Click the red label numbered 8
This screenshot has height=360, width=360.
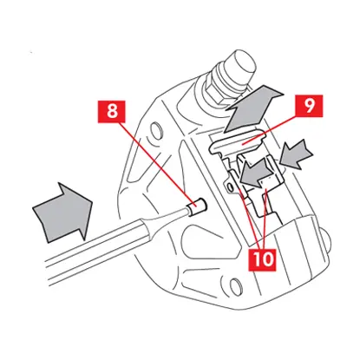(x=111, y=112)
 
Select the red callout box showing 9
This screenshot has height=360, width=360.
(x=309, y=106)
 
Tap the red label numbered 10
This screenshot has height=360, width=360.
(x=263, y=259)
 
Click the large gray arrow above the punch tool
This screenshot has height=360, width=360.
(x=62, y=212)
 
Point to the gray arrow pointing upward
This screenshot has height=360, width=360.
(x=252, y=108)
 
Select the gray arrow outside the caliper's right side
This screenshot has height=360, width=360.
(x=298, y=154)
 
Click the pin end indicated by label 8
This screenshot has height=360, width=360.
(x=196, y=206)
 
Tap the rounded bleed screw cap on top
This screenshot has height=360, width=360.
(x=240, y=64)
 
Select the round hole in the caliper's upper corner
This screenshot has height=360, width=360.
(x=155, y=128)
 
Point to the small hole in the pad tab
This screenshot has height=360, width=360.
(x=230, y=187)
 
